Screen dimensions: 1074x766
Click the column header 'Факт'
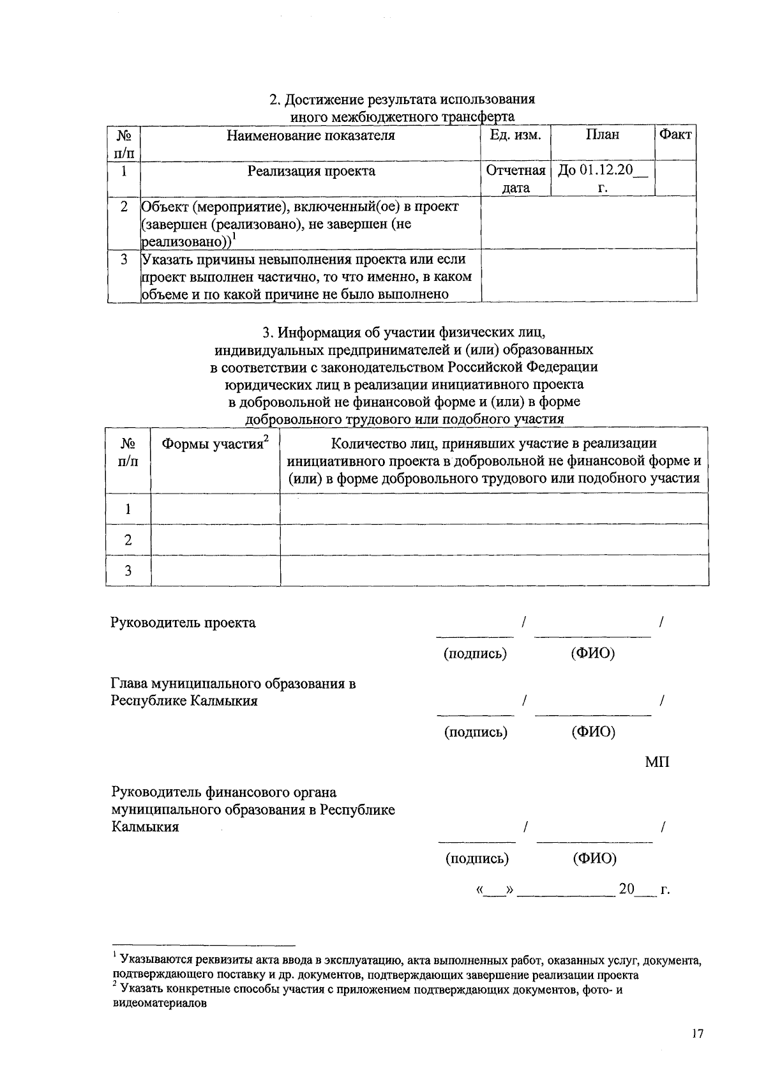675,135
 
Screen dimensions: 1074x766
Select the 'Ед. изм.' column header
515,135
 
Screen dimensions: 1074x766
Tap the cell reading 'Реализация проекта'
311,171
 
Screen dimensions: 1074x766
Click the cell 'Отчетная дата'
515,179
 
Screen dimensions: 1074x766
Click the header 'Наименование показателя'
311,135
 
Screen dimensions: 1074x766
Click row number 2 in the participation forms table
128,540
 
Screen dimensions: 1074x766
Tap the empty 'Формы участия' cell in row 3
215,570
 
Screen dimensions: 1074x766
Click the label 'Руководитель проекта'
183,623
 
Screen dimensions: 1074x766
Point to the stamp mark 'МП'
657,762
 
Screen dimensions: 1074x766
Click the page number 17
696,1034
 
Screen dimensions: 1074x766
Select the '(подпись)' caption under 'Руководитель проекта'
475,654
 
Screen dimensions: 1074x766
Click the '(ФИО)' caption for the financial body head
594,858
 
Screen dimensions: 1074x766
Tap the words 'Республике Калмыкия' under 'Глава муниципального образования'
184,701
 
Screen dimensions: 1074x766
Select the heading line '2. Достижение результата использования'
402,100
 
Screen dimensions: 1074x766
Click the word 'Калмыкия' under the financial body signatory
144,828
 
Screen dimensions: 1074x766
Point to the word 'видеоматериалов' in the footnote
159,1003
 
